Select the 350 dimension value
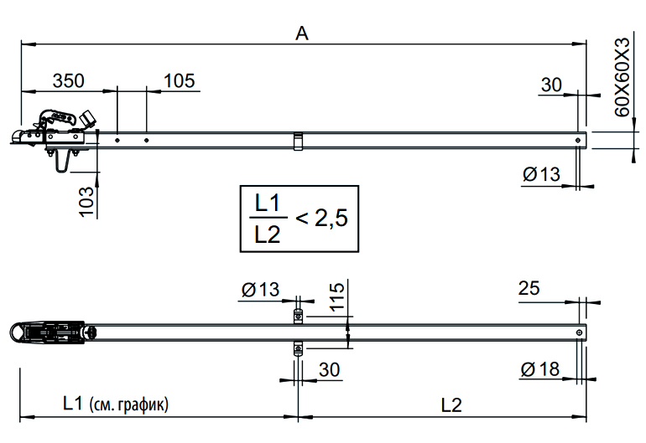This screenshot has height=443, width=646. pos(69,80)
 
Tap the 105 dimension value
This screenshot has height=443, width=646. pos(179,80)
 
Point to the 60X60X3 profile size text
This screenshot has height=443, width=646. pos(622,76)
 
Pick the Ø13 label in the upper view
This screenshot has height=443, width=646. pos(540,174)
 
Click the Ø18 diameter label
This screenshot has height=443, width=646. pos(540,369)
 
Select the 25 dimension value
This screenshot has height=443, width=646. pos(528,289)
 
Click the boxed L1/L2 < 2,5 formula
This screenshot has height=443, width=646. pos(299,219)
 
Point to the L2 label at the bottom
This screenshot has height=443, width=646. pos(451,405)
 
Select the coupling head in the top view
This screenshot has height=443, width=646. pos(50,332)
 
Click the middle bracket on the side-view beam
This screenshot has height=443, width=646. pos(298,141)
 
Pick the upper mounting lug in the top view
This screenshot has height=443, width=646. pos(297,316)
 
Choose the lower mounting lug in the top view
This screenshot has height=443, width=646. pos(297,349)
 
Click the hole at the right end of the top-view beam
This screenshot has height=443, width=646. pos(580,332)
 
